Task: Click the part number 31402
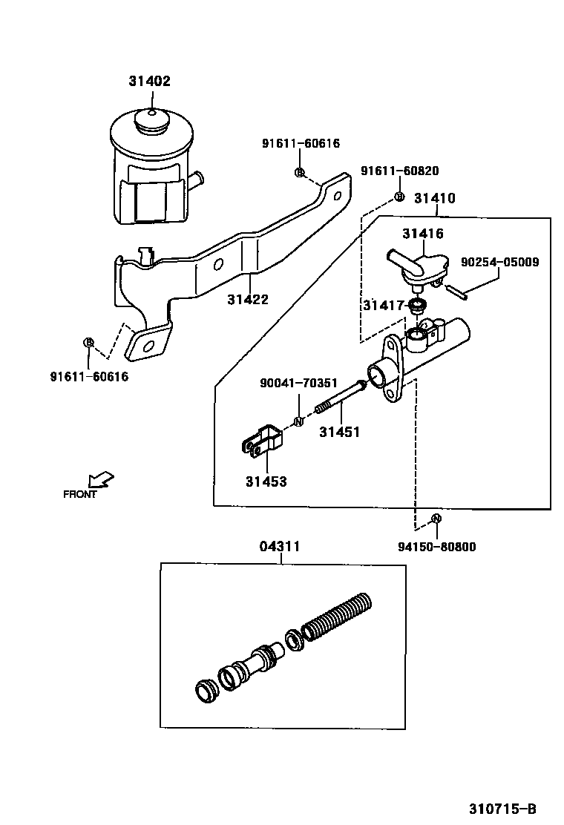pyautogui.click(x=150, y=81)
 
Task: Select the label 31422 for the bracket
pyautogui.click(x=248, y=300)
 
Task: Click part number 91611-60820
pyautogui.click(x=399, y=171)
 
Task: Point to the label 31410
pyautogui.click(x=435, y=198)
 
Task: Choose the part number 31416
pyautogui.click(x=423, y=233)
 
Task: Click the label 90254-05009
pyautogui.click(x=500, y=262)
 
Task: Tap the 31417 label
pyautogui.click(x=384, y=305)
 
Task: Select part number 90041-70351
pyautogui.click(x=298, y=383)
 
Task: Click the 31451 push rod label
pyautogui.click(x=340, y=432)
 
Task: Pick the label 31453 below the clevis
pyautogui.click(x=266, y=481)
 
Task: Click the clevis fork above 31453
pyautogui.click(x=262, y=441)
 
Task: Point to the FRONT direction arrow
pyautogui.click(x=101, y=480)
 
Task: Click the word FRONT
pyautogui.click(x=80, y=495)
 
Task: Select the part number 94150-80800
pyautogui.click(x=436, y=548)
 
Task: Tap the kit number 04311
pyautogui.click(x=280, y=547)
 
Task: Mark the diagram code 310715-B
pyautogui.click(x=502, y=808)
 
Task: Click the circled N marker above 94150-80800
pyautogui.click(x=436, y=519)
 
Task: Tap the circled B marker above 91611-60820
pyautogui.click(x=399, y=197)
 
